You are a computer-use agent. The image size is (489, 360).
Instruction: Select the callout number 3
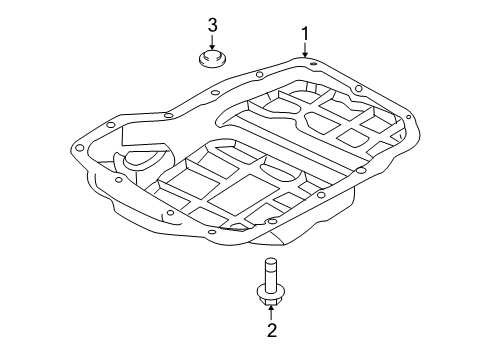click(212, 24)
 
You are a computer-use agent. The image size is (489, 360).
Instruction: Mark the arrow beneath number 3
click(212, 40)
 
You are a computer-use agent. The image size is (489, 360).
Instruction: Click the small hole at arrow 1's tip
click(312, 63)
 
